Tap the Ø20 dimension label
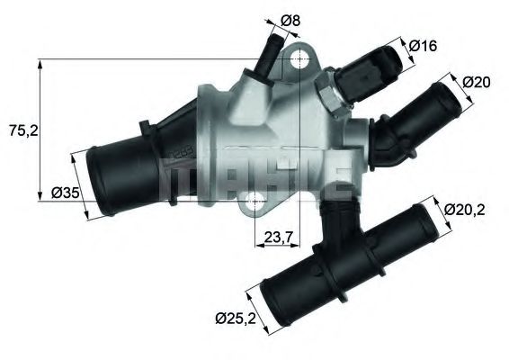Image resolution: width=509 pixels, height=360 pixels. pos(477,83)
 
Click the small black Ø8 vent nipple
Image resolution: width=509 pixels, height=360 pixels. pos(268,57)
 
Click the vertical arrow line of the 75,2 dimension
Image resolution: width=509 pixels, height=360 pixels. pos(40,130)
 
